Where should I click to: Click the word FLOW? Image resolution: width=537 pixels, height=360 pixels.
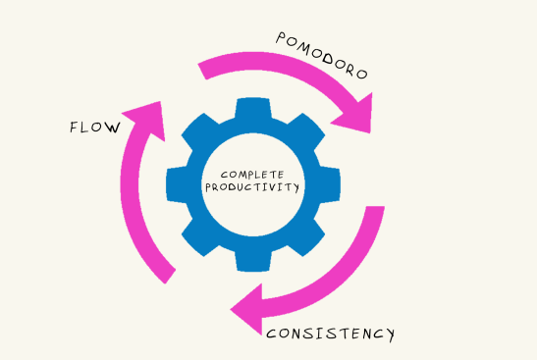point(95,128)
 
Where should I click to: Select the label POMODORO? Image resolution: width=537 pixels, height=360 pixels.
point(321,56)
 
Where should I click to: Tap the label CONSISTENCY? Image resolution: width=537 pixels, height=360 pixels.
point(330,334)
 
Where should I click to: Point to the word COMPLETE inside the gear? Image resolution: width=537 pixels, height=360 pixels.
point(252,175)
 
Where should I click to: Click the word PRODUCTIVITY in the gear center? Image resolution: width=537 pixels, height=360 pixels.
point(252,187)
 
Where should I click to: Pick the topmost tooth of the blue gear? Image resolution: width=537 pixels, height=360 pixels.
point(252,105)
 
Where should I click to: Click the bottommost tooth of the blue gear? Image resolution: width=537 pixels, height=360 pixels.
point(252,260)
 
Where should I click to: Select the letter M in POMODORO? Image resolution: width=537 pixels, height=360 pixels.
point(305,46)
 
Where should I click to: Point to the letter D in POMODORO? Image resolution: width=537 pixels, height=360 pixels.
point(332,59)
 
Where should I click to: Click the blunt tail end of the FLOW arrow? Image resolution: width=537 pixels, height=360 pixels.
point(168,276)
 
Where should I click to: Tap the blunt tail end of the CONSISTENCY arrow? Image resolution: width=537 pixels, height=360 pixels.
point(373,210)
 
